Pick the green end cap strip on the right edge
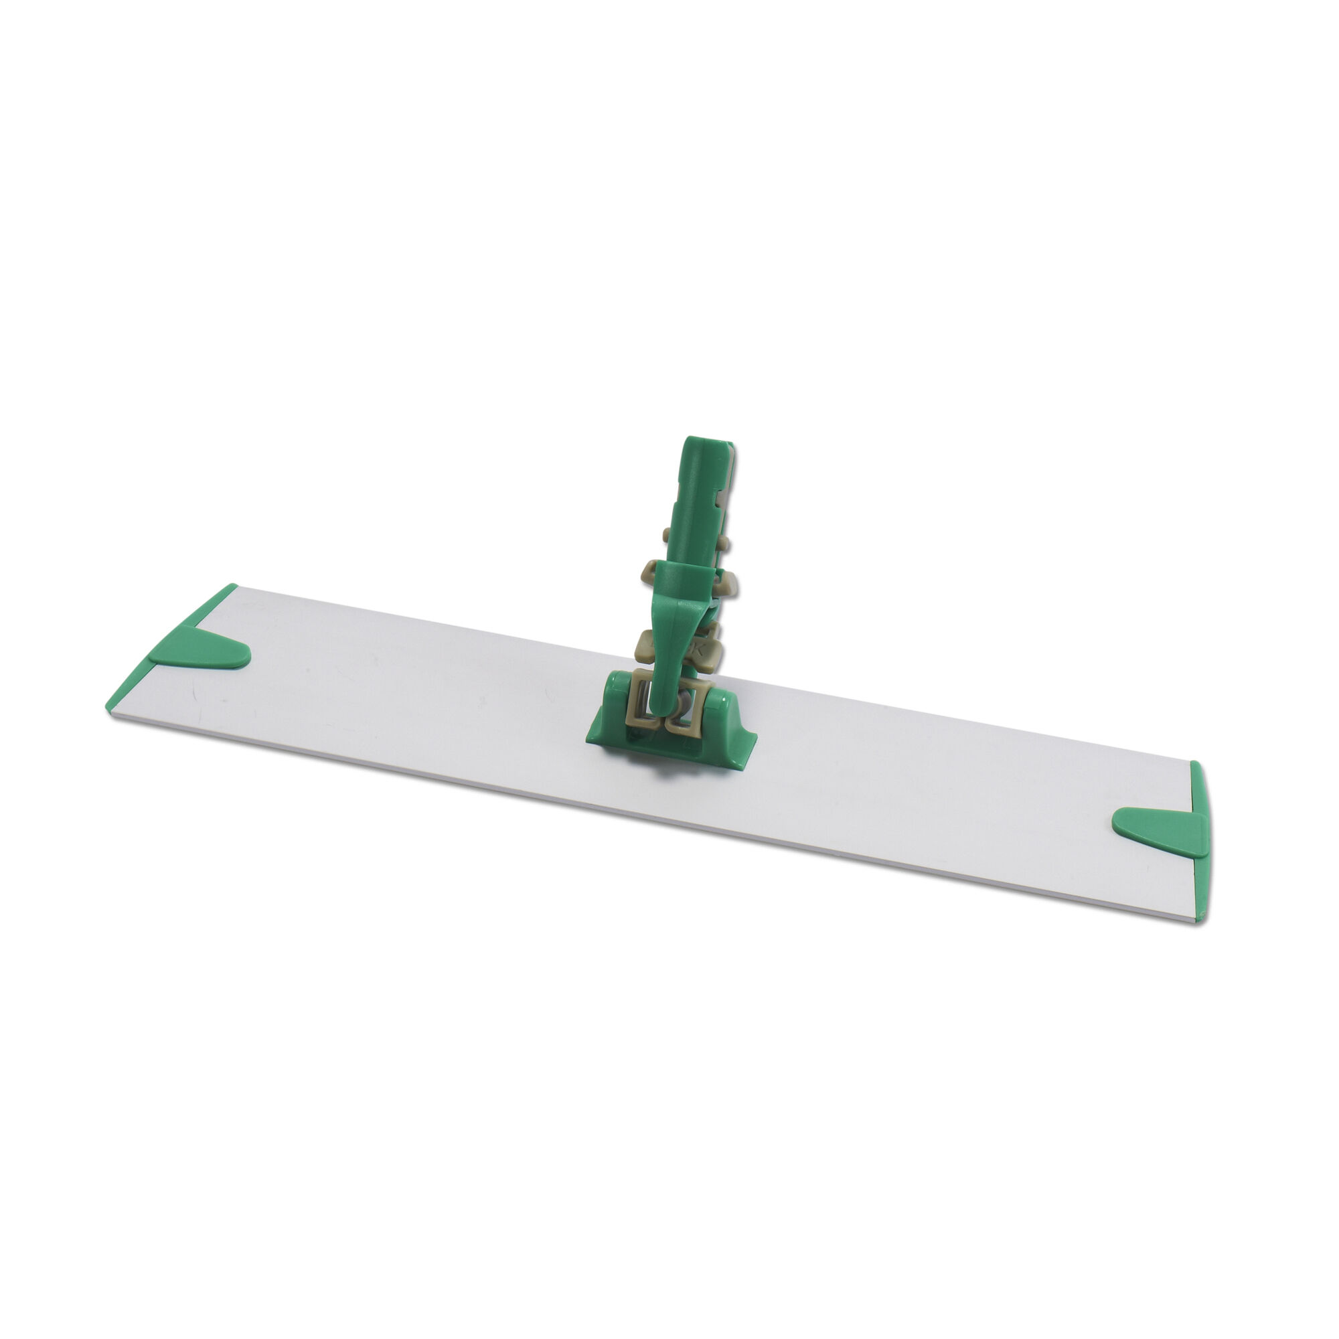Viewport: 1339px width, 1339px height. [1199, 839]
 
